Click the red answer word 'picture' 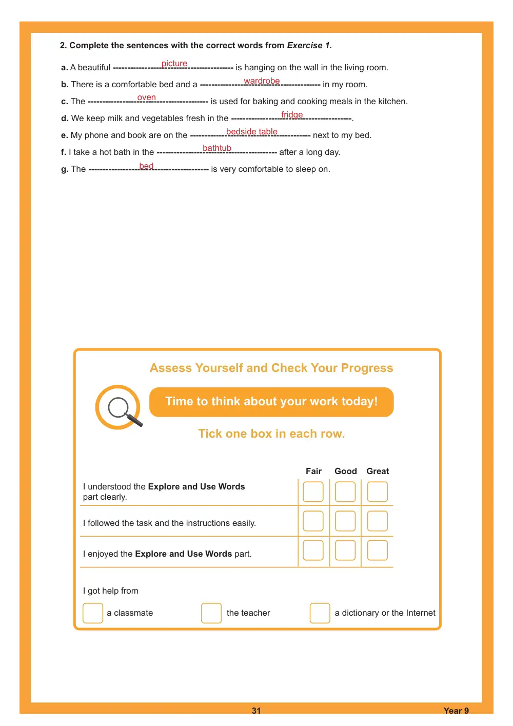[x=174, y=64]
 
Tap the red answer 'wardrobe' [x=262, y=81]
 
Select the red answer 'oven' [x=147, y=97]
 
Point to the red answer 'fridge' [x=292, y=115]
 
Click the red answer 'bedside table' [x=252, y=131]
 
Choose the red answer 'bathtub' [x=217, y=148]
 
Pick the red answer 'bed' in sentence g [x=146, y=166]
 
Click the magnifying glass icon [x=119, y=407]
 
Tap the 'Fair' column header [x=313, y=471]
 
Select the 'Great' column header [x=378, y=471]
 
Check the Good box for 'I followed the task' [x=345, y=521]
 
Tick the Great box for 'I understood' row [x=377, y=492]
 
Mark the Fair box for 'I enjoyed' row [x=313, y=550]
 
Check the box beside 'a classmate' [x=93, y=613]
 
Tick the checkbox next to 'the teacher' [x=211, y=613]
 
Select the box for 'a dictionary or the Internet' [x=320, y=613]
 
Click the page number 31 [x=256, y=711]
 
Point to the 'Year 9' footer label [x=456, y=711]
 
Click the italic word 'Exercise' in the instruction [x=305, y=45]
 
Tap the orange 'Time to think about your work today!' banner [x=271, y=402]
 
